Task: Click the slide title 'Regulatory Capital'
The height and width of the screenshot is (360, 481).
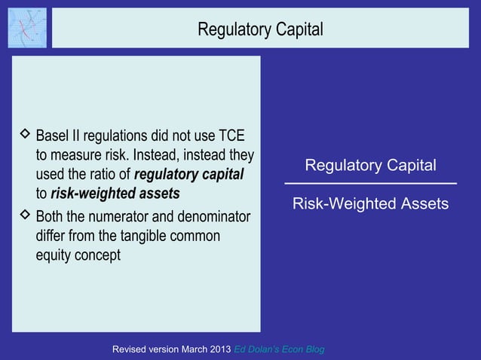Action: (x=259, y=29)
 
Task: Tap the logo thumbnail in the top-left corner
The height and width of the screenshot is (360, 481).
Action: (x=26, y=28)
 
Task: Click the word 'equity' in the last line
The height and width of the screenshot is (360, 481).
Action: (x=54, y=256)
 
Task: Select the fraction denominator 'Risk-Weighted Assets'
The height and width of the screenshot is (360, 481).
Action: (x=370, y=204)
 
